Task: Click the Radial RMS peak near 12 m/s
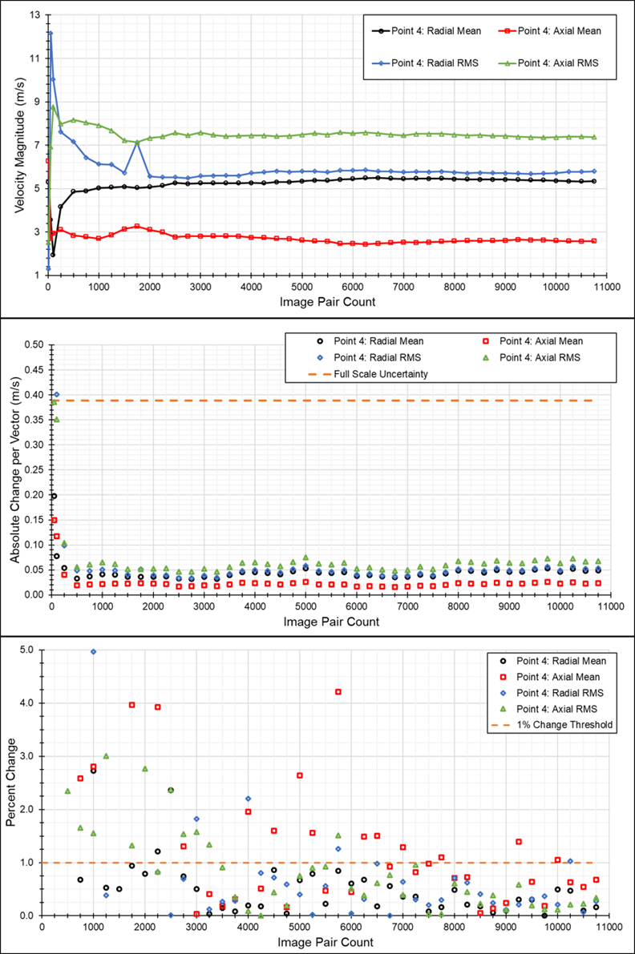(x=50, y=33)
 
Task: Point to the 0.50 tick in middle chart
(x=33, y=344)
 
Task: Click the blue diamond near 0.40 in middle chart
(x=55, y=394)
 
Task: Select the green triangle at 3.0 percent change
(x=106, y=755)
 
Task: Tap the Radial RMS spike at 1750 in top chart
(x=137, y=142)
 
